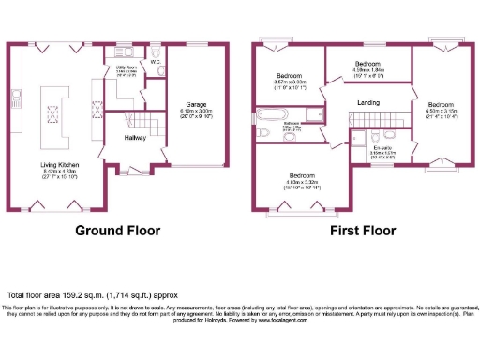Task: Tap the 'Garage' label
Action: (195, 105)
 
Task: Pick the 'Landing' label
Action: (367, 102)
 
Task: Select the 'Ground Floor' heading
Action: (117, 230)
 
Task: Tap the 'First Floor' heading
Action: (361, 230)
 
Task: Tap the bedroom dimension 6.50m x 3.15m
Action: (442, 111)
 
